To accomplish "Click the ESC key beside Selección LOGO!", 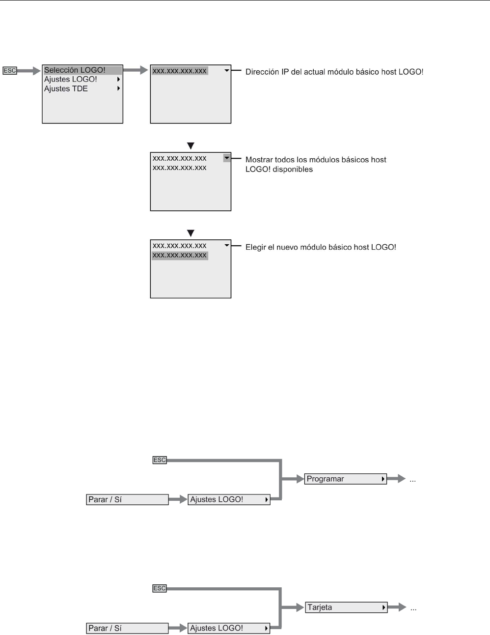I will click(x=10, y=71).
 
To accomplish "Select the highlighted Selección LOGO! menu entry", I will click(x=75, y=70).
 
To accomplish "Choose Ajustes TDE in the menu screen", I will click(x=66, y=89).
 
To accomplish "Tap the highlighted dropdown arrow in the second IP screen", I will click(x=227, y=158).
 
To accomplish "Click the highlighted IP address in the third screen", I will click(x=180, y=256).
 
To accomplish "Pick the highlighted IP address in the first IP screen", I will click(x=180, y=71).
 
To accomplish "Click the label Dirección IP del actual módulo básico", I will click(x=334, y=72).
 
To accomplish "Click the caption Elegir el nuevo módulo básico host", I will click(x=321, y=247).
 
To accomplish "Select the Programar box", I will click(x=346, y=479).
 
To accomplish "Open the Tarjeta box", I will click(x=346, y=607).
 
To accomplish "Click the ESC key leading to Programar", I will click(x=160, y=460).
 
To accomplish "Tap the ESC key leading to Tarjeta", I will click(x=160, y=588).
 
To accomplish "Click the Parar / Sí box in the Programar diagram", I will click(x=127, y=500).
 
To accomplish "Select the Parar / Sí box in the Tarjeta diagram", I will click(x=127, y=628).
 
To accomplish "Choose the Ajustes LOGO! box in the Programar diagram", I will click(x=229, y=500).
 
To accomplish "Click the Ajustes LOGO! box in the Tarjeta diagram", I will click(x=229, y=628).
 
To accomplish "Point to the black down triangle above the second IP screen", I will click(x=191, y=146).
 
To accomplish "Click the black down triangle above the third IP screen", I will click(x=191, y=233).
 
